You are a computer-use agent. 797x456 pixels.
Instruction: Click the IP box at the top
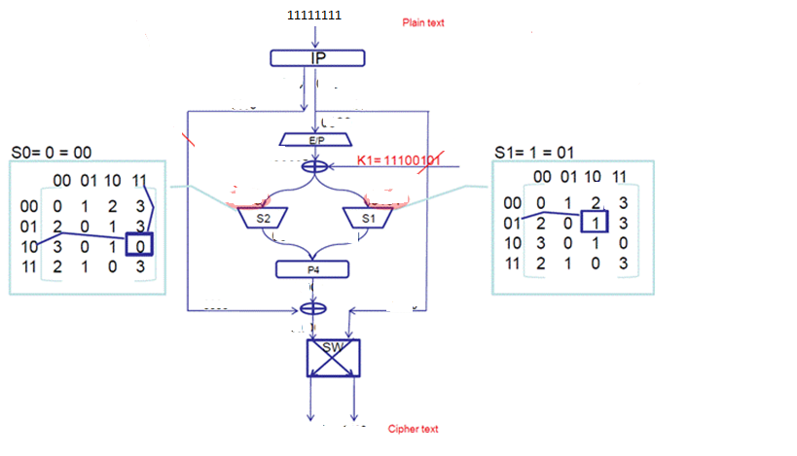coord(317,58)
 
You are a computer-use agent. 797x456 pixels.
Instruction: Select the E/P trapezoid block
coord(317,141)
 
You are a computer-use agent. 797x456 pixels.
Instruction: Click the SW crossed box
coord(333,357)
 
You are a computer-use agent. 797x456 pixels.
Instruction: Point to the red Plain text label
coord(423,22)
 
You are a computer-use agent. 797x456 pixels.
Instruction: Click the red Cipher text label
coord(414,429)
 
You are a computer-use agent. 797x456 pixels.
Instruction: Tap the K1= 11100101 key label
coord(400,159)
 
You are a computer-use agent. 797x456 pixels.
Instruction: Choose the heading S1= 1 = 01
coord(531,152)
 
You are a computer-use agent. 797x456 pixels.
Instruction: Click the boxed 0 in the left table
coord(143,245)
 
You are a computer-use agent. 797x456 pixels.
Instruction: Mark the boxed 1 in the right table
coord(594,222)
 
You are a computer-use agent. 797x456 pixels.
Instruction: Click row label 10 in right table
coord(513,242)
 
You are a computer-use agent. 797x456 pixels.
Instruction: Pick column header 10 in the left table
coord(115,181)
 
